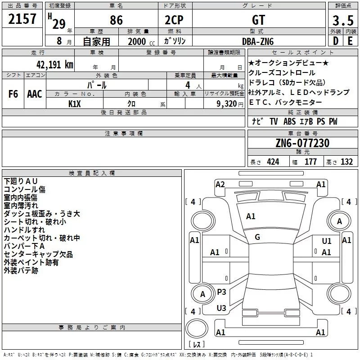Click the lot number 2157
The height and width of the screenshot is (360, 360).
pyautogui.click(x=22, y=19)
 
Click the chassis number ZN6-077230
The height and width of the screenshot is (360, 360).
pyautogui.click(x=302, y=143)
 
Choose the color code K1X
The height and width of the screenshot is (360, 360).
pyautogui.click(x=75, y=103)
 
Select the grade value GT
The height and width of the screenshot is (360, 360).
pyautogui.click(x=259, y=20)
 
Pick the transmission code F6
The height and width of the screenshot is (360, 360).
pyautogui.click(x=13, y=94)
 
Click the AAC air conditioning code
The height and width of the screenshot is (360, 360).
pyautogui.click(x=35, y=94)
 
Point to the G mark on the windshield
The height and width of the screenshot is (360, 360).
pyautogui.click(x=257, y=237)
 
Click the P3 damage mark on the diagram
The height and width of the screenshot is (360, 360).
pyautogui.click(x=221, y=292)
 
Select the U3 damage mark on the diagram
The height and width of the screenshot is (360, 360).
pyautogui.click(x=221, y=308)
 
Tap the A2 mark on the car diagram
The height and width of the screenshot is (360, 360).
pyautogui.click(x=220, y=184)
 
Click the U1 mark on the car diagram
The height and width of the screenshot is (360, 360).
pyautogui.click(x=327, y=241)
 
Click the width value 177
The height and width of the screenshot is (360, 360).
pyautogui.click(x=310, y=162)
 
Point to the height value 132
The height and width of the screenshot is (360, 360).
pyautogui.click(x=346, y=162)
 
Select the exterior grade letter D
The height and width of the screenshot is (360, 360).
pyautogui.click(x=335, y=41)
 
